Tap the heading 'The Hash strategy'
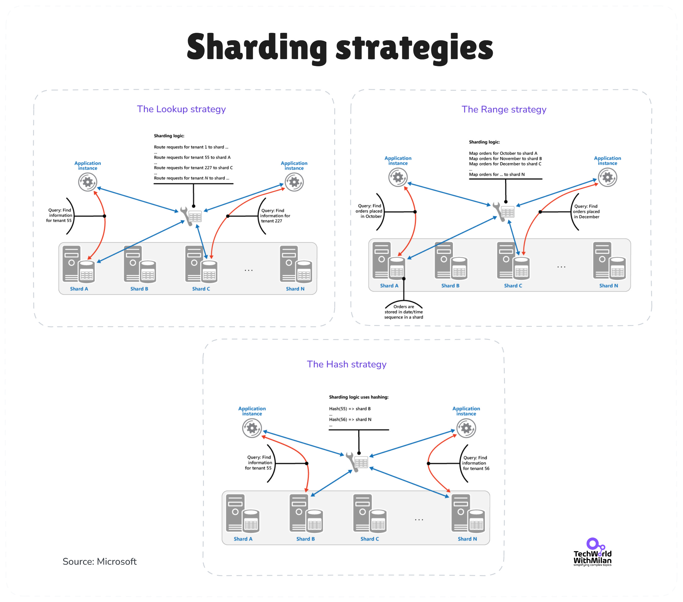(x=346, y=364)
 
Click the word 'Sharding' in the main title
(x=257, y=47)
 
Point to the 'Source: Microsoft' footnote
(x=100, y=561)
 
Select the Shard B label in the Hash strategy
(x=305, y=539)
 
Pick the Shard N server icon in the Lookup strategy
(x=296, y=264)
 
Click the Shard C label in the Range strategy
(x=513, y=286)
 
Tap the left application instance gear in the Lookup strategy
(x=88, y=182)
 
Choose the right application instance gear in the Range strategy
(x=607, y=177)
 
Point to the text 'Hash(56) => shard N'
(x=350, y=419)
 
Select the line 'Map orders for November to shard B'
(x=505, y=158)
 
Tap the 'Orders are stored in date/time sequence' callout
(x=404, y=312)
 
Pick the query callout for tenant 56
(x=476, y=463)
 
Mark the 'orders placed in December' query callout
(x=586, y=212)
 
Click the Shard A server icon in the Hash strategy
(x=242, y=513)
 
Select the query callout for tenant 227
(x=275, y=216)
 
